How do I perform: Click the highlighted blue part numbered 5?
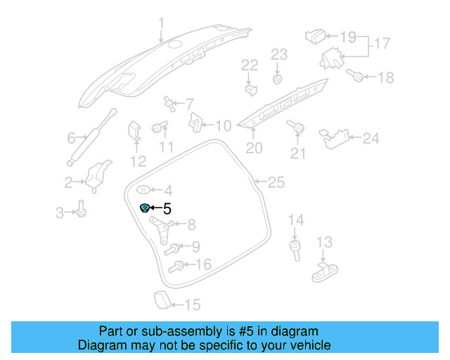coord(145,208)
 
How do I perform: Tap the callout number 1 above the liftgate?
coord(162,26)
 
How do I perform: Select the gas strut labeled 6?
coord(92,138)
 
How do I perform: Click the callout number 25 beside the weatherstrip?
coord(276,183)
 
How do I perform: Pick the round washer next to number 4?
coord(143,189)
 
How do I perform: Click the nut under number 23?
coord(278,79)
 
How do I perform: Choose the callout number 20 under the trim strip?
coord(253,148)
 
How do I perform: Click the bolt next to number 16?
coord(176,266)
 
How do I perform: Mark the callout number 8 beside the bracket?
coord(191,225)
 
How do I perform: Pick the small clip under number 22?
coord(250,89)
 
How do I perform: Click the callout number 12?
coord(138,161)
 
